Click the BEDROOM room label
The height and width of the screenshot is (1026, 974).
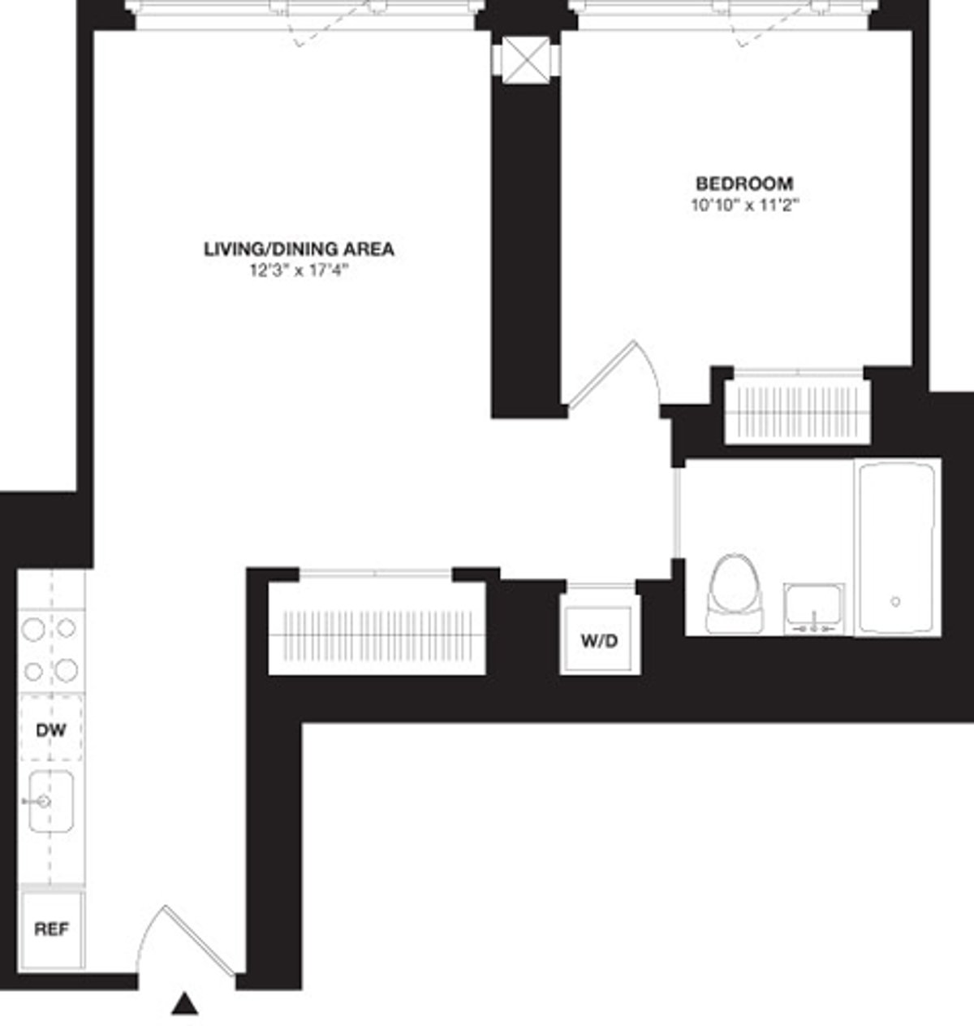click(744, 183)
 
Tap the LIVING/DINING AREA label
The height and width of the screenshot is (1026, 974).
click(299, 249)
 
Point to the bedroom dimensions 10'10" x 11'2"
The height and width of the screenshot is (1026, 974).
click(744, 206)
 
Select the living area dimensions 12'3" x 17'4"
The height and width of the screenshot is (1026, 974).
click(299, 271)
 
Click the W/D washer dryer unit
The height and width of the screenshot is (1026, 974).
click(599, 640)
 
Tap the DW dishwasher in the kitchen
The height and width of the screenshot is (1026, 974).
click(51, 729)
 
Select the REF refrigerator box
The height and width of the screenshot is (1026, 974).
click(51, 929)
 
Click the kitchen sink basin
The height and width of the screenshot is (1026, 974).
click(52, 801)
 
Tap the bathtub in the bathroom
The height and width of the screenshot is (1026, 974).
click(896, 547)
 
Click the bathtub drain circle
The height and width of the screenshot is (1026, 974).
click(895, 601)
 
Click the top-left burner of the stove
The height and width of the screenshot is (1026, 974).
click(34, 628)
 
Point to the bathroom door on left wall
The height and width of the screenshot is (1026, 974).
click(675, 513)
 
